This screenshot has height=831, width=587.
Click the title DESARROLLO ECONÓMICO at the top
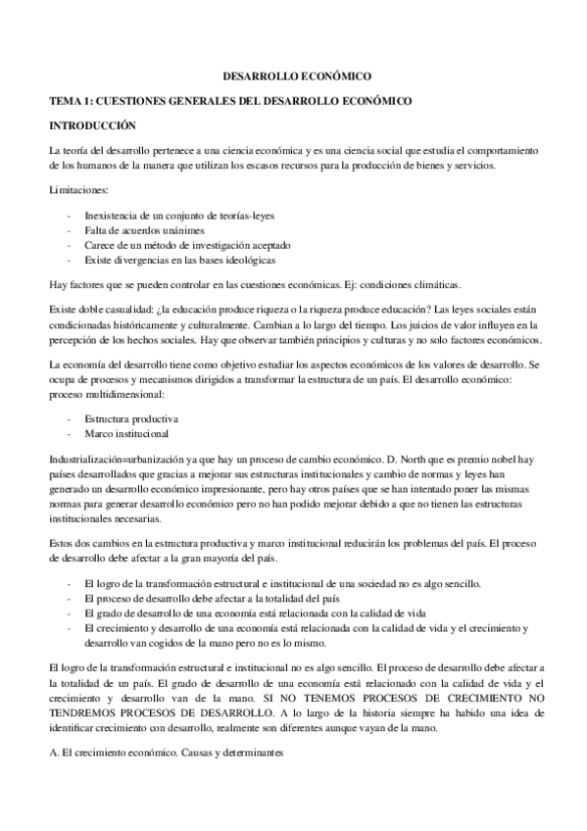(x=292, y=74)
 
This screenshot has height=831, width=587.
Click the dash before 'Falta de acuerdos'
(x=67, y=228)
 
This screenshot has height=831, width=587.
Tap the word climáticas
(x=430, y=284)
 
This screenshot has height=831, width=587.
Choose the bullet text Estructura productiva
(x=131, y=417)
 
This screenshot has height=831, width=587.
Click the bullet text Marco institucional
(x=126, y=433)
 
